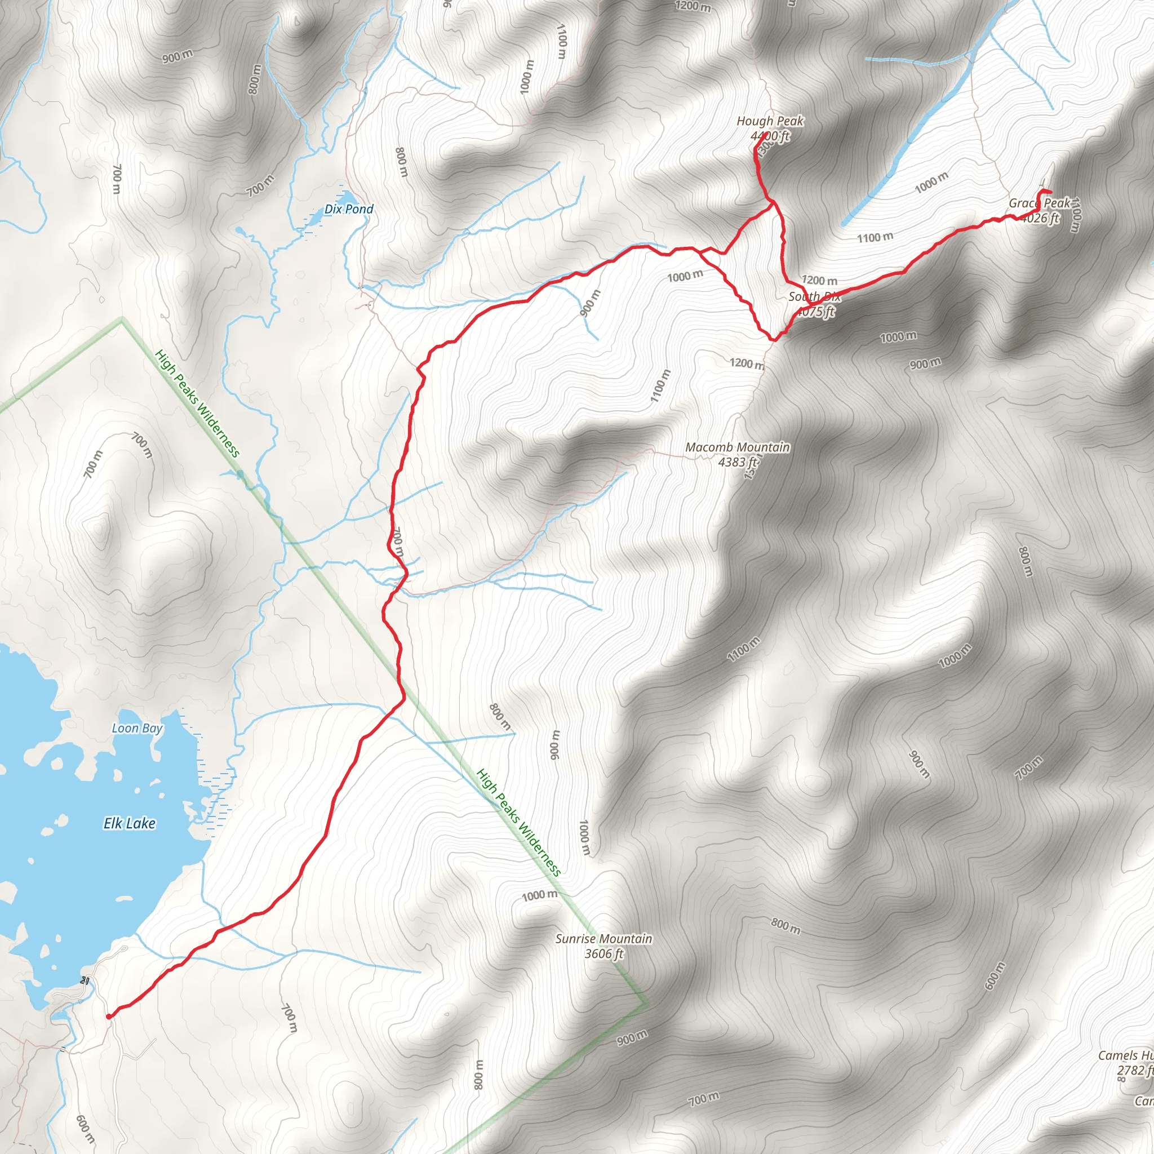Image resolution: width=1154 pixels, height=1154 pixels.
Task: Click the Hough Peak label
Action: pyautogui.click(x=770, y=121)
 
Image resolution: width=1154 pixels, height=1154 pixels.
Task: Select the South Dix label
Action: pyautogui.click(x=814, y=297)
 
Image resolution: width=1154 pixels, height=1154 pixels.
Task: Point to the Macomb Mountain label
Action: pyautogui.click(x=737, y=447)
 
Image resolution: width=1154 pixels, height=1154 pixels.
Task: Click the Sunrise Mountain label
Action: pyautogui.click(x=603, y=938)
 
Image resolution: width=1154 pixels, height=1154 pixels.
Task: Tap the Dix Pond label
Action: pyautogui.click(x=349, y=209)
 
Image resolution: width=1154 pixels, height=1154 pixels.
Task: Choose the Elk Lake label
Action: pyautogui.click(x=130, y=824)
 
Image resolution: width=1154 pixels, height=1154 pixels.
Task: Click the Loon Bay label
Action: pyautogui.click(x=137, y=728)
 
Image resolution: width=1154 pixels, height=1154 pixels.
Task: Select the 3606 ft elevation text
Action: pyautogui.click(x=603, y=953)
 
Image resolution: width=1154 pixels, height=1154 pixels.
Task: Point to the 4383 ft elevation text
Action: pyautogui.click(x=737, y=461)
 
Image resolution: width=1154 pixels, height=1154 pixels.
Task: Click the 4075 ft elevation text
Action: pyautogui.click(x=816, y=311)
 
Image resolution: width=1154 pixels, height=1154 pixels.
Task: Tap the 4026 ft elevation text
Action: pyautogui.click(x=1040, y=218)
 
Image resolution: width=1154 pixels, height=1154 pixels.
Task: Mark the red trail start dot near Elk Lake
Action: pyautogui.click(x=108, y=1017)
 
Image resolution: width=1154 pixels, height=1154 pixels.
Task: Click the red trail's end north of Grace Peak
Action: pyautogui.click(x=1051, y=192)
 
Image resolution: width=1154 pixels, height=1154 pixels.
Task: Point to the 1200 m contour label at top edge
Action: pyautogui.click(x=693, y=7)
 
